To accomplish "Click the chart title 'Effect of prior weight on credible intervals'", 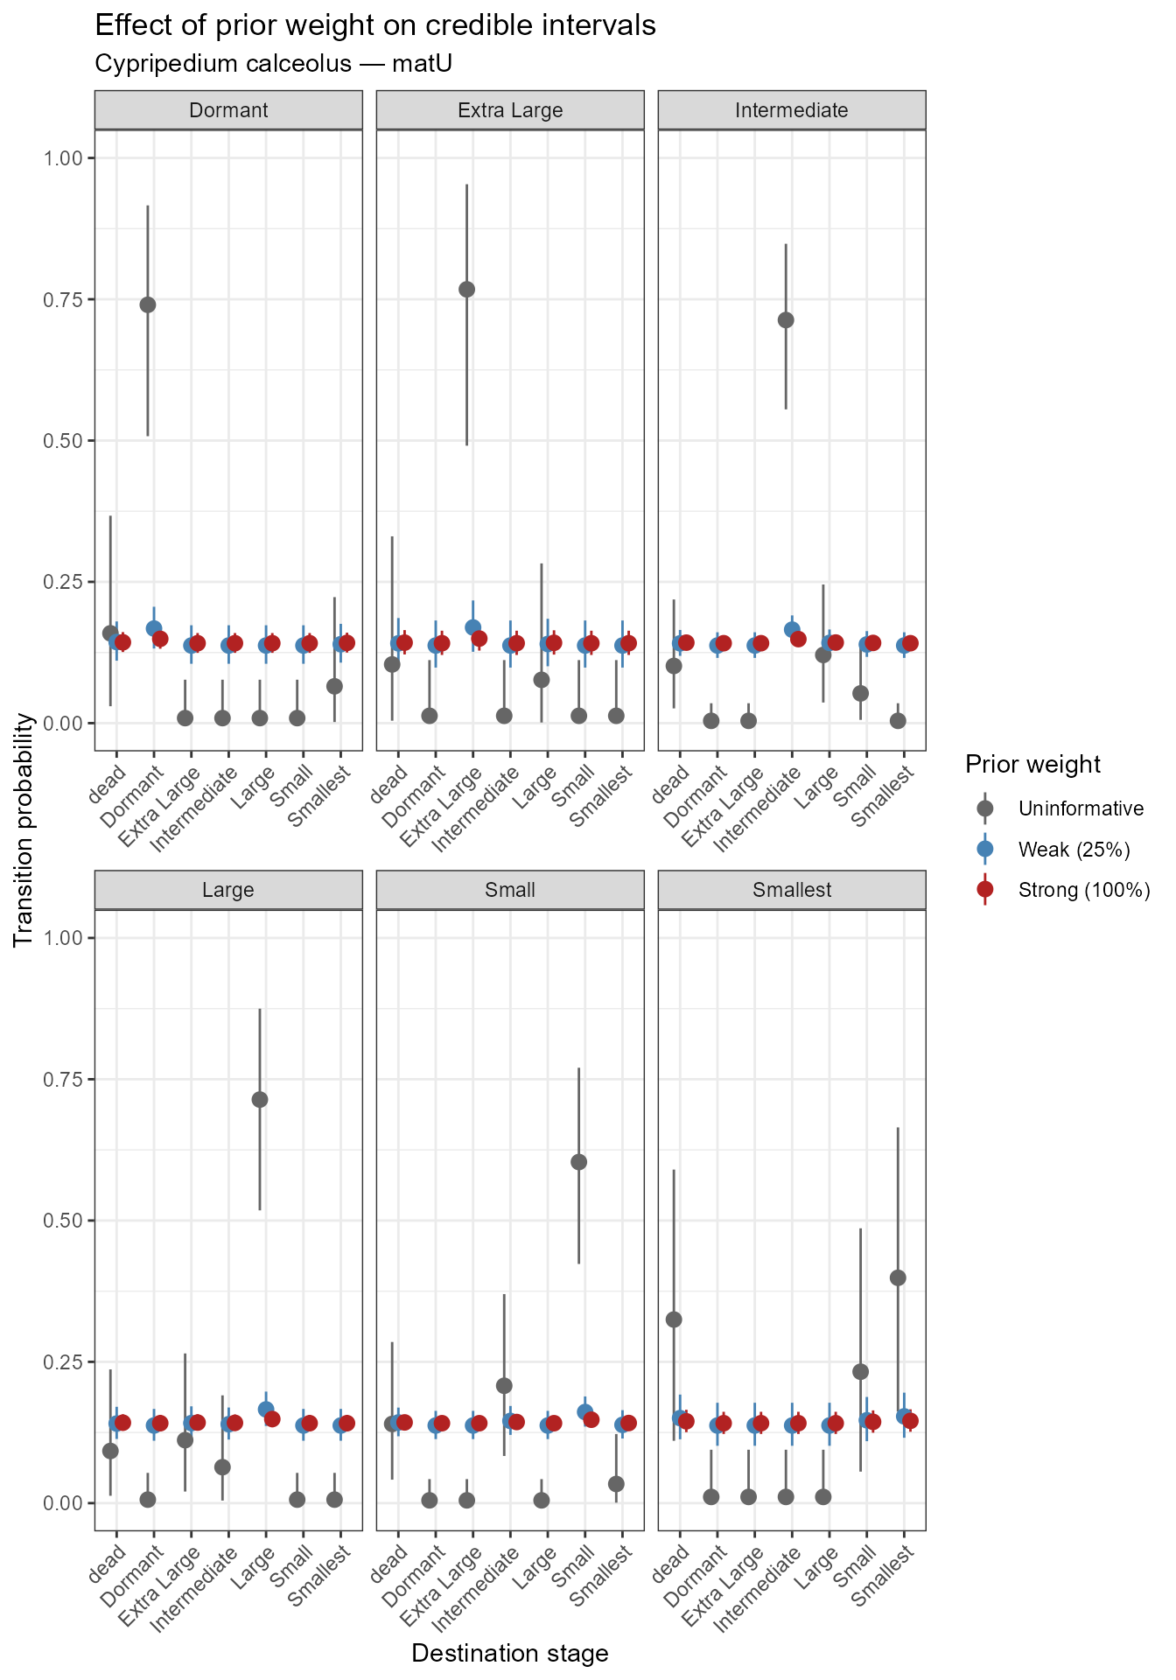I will point(374,25).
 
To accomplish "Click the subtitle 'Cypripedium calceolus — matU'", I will point(273,64).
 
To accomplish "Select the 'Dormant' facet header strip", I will point(228,110).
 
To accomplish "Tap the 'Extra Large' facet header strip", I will point(510,110).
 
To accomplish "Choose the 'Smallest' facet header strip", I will point(792,890).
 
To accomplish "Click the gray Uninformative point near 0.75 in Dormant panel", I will point(148,304).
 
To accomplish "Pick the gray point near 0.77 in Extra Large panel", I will point(466,290).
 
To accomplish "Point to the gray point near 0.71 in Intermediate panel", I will point(786,320).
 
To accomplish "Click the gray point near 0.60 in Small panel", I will point(578,1162).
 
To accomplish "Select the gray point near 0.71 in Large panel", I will point(260,1100).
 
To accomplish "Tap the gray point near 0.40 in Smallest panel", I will point(897,1277).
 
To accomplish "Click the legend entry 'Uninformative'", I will point(1080,808).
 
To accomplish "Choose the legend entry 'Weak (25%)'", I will point(1074,850).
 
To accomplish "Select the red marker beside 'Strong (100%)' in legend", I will point(985,890).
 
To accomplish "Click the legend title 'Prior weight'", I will point(1032,765).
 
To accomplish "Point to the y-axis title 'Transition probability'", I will point(24,829).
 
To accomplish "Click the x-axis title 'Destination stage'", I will point(510,1653).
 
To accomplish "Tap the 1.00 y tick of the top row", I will point(65,158).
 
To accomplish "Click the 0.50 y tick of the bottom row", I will point(65,1220).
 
